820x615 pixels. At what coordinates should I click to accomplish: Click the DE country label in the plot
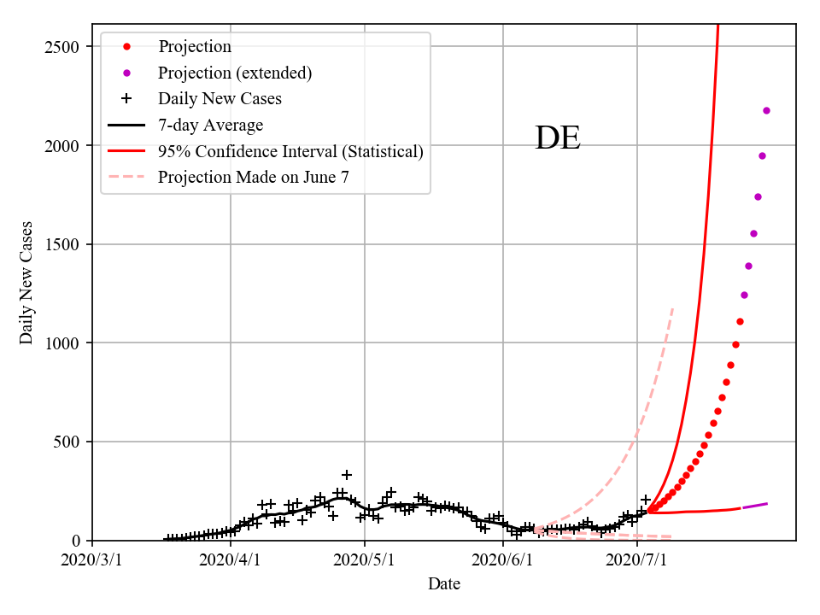(558, 138)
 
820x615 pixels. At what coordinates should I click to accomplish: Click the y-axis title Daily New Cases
(26, 283)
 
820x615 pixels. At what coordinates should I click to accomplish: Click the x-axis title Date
(444, 584)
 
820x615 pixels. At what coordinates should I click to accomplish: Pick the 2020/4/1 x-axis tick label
(229, 560)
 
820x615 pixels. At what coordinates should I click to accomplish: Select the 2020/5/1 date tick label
(365, 560)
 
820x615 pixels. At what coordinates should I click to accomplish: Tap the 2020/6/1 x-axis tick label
(502, 560)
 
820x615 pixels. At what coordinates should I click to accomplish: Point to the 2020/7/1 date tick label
(638, 560)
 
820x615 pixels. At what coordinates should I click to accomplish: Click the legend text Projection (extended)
(235, 73)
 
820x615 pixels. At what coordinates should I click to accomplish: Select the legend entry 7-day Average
(210, 125)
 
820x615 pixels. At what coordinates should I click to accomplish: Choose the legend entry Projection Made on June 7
(254, 177)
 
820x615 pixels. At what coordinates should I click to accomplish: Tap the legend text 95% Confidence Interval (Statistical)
(290, 151)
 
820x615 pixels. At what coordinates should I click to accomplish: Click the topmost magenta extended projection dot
(766, 110)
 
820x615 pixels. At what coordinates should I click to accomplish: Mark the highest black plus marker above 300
(347, 475)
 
